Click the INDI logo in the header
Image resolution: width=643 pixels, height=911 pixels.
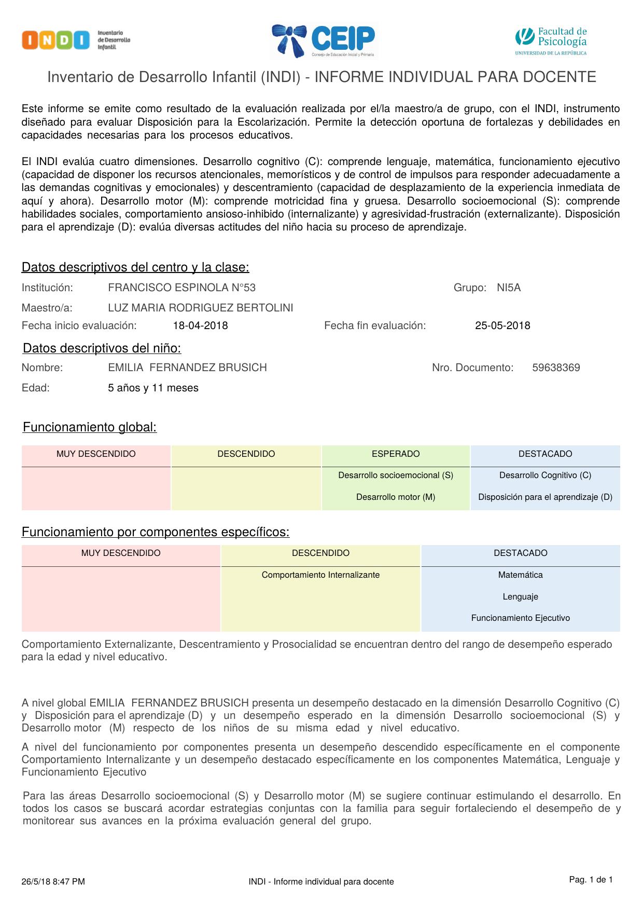point(76,40)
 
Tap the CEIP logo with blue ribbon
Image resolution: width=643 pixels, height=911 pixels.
point(324,40)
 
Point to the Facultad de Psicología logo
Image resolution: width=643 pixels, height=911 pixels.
point(551,40)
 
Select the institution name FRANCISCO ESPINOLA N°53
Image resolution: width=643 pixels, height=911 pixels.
point(181,288)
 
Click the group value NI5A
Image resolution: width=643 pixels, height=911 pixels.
point(508,288)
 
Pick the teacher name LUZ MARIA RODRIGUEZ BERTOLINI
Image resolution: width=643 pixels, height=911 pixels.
point(200,308)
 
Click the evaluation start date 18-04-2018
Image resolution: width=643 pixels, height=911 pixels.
point(200,325)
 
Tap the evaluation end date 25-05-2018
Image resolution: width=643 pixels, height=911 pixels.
point(502,325)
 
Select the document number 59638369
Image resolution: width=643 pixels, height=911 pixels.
point(556,368)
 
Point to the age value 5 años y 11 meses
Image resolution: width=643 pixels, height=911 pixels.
point(153,388)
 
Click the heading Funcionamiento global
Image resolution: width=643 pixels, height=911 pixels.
point(90,427)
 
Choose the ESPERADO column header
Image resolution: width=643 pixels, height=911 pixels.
point(396,454)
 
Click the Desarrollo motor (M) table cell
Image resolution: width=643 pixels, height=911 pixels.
point(396,497)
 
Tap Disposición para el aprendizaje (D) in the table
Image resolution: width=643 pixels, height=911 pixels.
point(545,497)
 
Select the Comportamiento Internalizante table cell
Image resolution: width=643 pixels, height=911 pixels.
point(320,575)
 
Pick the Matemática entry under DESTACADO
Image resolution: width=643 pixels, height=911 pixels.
point(520,575)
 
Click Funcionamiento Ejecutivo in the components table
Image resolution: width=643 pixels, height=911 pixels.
point(520,618)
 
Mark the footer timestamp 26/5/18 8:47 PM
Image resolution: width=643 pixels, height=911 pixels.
point(53,881)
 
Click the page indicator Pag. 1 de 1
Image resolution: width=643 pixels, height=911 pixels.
point(591,879)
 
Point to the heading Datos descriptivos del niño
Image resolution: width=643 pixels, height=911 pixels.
point(102,348)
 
